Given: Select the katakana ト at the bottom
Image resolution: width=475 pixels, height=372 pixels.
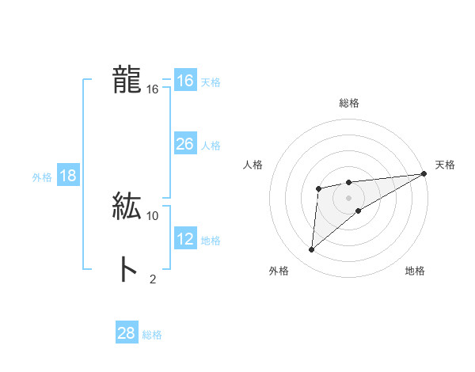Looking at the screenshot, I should pyautogui.click(x=127, y=270).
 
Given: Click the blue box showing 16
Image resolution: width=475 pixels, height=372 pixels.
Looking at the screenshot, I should pyautogui.click(x=185, y=81).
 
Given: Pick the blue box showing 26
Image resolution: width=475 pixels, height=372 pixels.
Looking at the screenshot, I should pyautogui.click(x=185, y=144).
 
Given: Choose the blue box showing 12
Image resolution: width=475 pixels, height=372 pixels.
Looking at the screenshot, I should pyautogui.click(x=185, y=239).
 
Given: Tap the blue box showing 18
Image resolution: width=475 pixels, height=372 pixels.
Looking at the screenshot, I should pyautogui.click(x=68, y=176).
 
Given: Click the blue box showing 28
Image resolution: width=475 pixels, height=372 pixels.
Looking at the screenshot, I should pyautogui.click(x=127, y=333).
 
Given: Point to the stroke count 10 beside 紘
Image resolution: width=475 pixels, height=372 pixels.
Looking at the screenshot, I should pyautogui.click(x=153, y=215).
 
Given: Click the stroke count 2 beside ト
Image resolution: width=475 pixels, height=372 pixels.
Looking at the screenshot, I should pyautogui.click(x=153, y=279).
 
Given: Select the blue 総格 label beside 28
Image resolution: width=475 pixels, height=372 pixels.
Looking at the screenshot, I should pyautogui.click(x=152, y=335).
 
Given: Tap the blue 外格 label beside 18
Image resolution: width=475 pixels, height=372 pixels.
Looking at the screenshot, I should pyautogui.click(x=42, y=177).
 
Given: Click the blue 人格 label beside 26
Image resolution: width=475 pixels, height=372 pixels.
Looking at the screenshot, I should pyautogui.click(x=211, y=146).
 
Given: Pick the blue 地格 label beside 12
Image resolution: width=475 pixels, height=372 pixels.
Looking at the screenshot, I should pyautogui.click(x=211, y=241).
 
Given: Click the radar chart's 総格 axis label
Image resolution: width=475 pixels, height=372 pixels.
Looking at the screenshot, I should pyautogui.click(x=348, y=103).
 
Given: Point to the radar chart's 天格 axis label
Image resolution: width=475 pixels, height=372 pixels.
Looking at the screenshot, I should pyautogui.click(x=445, y=165).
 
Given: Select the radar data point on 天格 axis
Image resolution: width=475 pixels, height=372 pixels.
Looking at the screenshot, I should pyautogui.click(x=424, y=173).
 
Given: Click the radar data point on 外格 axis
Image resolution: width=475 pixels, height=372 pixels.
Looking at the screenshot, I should pyautogui.click(x=312, y=250).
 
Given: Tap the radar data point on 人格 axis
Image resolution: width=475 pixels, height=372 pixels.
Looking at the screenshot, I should pyautogui.click(x=318, y=188).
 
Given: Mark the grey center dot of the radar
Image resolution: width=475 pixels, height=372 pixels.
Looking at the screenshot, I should pyautogui.click(x=348, y=198).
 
